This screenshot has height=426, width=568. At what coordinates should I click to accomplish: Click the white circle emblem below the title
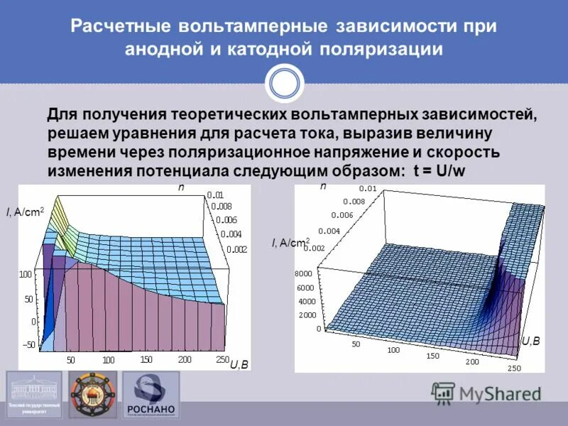284,83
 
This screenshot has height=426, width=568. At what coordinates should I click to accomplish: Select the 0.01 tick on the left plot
215,195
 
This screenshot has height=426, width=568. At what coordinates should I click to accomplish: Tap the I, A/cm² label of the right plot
290,244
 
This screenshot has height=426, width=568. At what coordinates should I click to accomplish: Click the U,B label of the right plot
530,342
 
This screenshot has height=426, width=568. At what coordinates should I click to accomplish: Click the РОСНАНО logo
151,395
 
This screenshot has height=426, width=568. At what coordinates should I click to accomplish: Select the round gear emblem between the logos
93,395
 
